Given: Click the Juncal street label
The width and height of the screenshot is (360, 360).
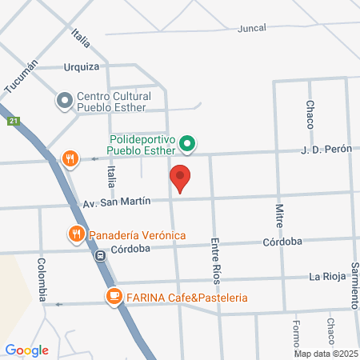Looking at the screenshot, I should (251, 27).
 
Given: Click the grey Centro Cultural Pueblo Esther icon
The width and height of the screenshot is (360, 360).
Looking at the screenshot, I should (64, 101).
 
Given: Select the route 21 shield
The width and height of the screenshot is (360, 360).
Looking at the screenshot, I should (14, 121).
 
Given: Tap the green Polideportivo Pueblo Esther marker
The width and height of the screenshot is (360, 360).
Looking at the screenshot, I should (187, 145).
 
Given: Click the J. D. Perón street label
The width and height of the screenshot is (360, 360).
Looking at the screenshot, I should (326, 150).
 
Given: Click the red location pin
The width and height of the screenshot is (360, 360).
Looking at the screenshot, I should (181, 178).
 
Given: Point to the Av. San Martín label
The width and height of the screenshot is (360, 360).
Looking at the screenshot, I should (117, 202).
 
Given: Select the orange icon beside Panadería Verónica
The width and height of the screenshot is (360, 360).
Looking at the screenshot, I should (76, 234).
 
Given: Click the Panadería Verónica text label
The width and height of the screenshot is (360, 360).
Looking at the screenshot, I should (137, 234).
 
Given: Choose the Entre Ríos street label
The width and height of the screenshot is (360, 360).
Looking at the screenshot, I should (214, 259).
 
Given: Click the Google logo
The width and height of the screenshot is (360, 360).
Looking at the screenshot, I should (27, 350).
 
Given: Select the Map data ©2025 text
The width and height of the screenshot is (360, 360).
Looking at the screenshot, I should (324, 354).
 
